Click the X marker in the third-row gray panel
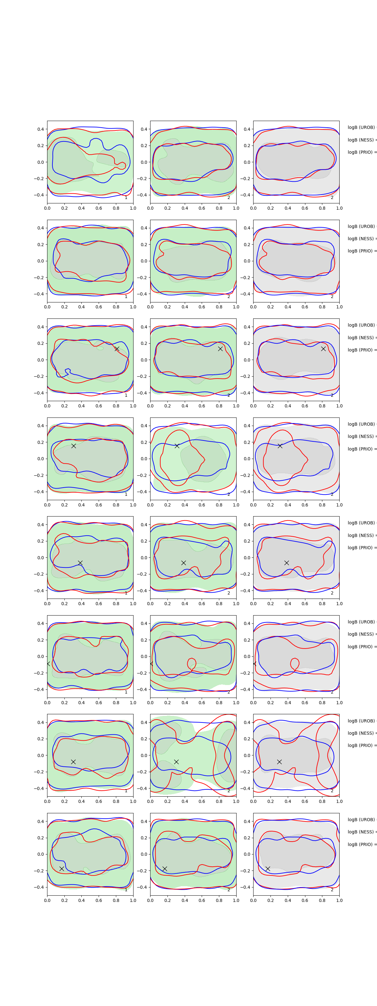[x=323, y=349]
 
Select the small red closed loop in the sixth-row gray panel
[x=295, y=663]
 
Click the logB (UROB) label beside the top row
[x=361, y=127]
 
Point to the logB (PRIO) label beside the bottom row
[x=361, y=844]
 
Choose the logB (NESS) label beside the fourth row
[x=361, y=436]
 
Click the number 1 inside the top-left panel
[x=126, y=198]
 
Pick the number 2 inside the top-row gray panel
[x=332, y=198]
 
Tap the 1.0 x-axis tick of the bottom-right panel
[x=339, y=900]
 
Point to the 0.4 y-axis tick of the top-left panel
[x=41, y=129]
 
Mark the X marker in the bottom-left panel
[x=62, y=869]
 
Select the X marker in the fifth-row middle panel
[x=183, y=563]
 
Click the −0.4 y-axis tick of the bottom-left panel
[x=39, y=887]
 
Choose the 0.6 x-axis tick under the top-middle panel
[x=202, y=208]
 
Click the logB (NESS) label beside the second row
[x=361, y=239]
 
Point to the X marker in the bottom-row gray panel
[x=268, y=869]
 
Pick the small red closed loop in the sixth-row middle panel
[x=192, y=663]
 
